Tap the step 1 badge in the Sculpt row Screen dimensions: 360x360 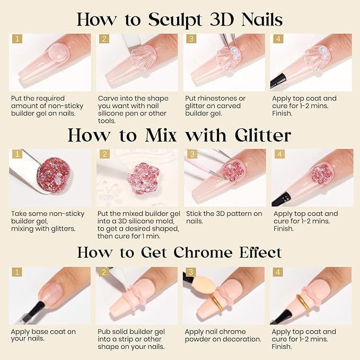click(16, 39)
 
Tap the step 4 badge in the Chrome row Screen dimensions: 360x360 click(277, 272)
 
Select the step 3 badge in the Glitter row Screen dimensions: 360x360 click(190, 155)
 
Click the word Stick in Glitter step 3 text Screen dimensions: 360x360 click(194, 214)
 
